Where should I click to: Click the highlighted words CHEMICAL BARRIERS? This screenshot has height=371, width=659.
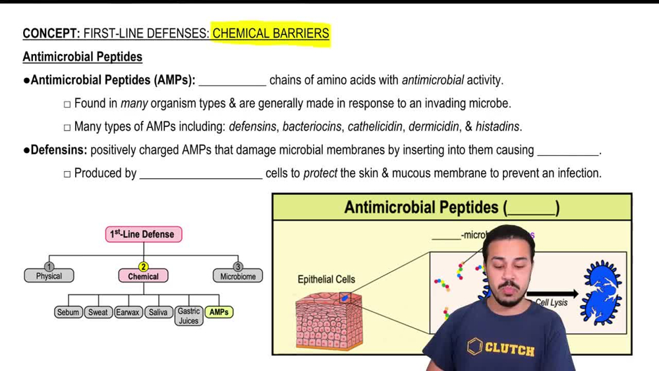coord(270,34)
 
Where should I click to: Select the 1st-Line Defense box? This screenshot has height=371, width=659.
coord(144,234)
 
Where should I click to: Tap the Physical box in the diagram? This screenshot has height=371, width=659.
coord(49,276)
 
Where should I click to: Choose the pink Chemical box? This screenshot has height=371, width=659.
coord(144,277)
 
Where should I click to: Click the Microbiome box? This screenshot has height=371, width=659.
coord(238,276)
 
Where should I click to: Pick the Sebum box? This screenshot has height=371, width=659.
coord(68,312)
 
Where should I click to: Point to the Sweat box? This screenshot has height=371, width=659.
coord(98,312)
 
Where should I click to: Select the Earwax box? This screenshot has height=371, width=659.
coord(128,312)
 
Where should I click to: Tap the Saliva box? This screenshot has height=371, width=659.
coord(158,312)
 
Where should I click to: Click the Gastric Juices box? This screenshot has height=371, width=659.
coord(188,316)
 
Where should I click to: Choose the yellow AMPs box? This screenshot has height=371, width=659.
coord(219,312)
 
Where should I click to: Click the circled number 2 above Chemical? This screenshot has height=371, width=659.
coord(144,267)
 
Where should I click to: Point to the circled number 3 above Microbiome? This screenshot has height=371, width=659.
coord(238,267)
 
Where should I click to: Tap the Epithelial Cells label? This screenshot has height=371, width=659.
coord(326,279)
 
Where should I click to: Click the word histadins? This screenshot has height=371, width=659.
coord(498,126)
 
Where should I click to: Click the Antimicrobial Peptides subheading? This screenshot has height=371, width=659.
coord(82,57)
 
